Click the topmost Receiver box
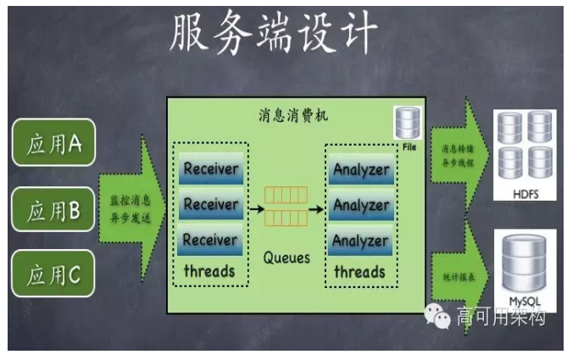point(210,168)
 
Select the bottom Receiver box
point(210,241)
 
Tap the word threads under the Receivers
point(209,272)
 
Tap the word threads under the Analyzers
point(359,272)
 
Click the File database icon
point(408,125)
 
